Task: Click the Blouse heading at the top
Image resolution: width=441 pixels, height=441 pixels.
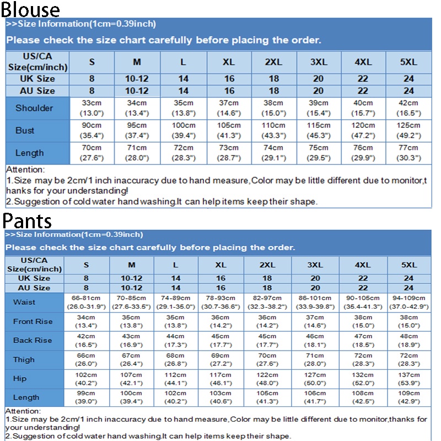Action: pyautogui.click(x=30, y=9)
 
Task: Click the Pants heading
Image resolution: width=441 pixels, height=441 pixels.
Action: pyautogui.click(x=28, y=220)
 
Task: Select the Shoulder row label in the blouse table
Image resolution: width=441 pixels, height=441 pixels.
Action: pyautogui.click(x=34, y=108)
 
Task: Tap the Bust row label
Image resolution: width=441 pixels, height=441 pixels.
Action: pyautogui.click(x=25, y=131)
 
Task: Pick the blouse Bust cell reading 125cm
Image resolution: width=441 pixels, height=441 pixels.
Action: pyautogui.click(x=408, y=131)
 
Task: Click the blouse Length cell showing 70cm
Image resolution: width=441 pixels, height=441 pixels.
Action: pyautogui.click(x=92, y=153)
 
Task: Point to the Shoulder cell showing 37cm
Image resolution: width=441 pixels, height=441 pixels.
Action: pyautogui.click(x=229, y=108)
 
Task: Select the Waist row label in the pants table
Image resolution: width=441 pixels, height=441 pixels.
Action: pyautogui.click(x=24, y=302)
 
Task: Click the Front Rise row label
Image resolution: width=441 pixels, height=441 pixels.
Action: pyautogui.click(x=33, y=321)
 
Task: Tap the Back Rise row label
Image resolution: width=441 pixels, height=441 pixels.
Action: pyautogui.click(x=32, y=340)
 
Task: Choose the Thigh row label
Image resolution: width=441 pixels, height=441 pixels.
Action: pyautogui.click(x=24, y=359)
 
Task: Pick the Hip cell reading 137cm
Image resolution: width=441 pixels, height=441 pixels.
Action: pyautogui.click(x=408, y=379)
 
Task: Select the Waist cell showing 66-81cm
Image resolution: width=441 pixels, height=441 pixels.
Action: pyautogui.click(x=86, y=302)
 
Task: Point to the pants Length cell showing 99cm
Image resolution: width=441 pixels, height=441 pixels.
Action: pyautogui.click(x=86, y=397)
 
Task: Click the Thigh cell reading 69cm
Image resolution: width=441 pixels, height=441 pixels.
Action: pyautogui.click(x=220, y=359)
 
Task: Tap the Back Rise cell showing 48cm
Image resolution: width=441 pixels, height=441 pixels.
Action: pyautogui.click(x=408, y=340)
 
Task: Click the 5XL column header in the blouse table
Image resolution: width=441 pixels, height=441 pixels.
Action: pyautogui.click(x=408, y=62)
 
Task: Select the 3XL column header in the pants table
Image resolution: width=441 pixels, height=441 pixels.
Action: pyautogui.click(x=315, y=265)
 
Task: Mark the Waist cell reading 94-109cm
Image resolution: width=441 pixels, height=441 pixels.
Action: pyautogui.click(x=408, y=302)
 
